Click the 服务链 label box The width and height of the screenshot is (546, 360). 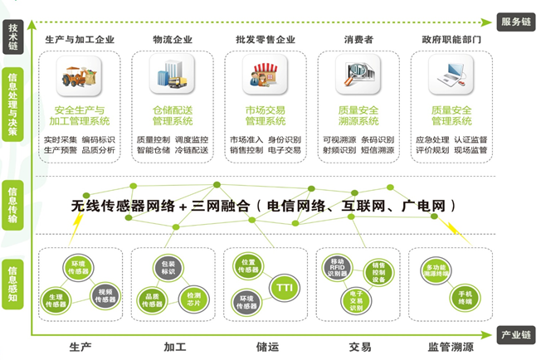(515, 22)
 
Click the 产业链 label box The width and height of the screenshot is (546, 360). (515, 334)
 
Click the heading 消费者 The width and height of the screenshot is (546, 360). (358, 39)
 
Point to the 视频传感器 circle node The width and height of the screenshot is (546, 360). (105, 294)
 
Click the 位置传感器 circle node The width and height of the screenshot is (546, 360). (248, 265)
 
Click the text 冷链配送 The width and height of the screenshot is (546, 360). (193, 151)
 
